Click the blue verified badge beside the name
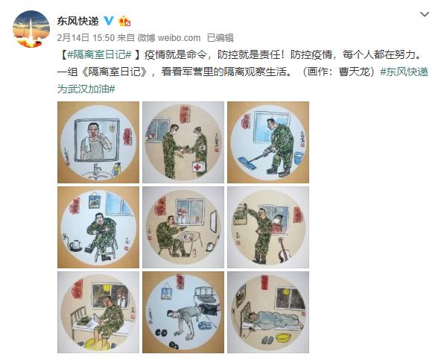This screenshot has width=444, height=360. click(x=108, y=20)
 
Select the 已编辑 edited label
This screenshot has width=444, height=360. click(x=220, y=37)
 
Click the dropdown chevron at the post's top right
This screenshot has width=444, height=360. click(x=424, y=15)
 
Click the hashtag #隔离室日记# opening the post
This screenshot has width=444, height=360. click(x=99, y=54)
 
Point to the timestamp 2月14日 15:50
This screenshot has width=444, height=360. click(x=82, y=37)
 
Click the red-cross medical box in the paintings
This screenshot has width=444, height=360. click(x=198, y=168)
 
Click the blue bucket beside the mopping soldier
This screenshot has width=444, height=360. click(x=297, y=158)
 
